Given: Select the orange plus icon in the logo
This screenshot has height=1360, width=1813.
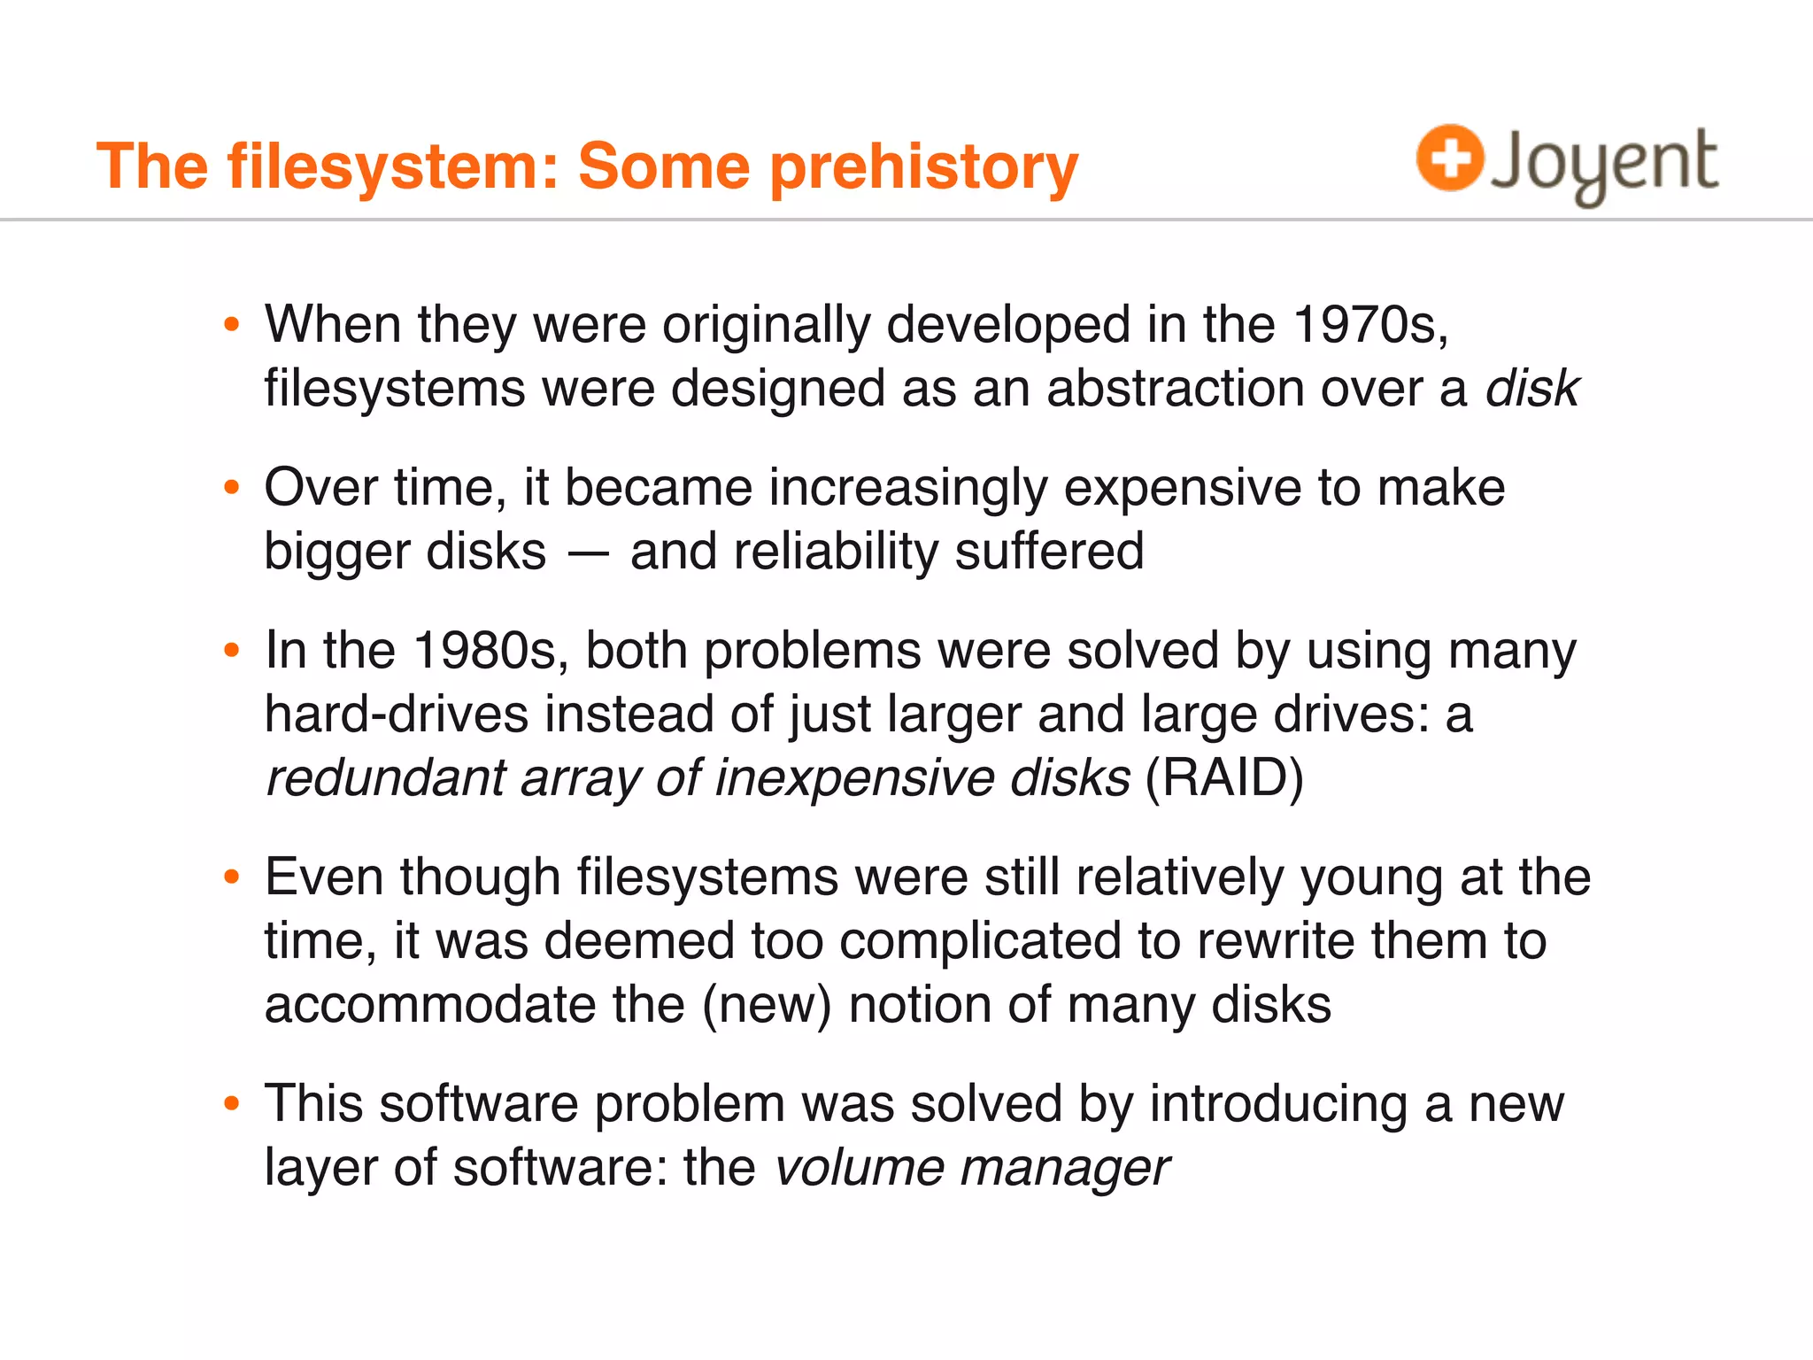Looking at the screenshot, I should [1449, 158].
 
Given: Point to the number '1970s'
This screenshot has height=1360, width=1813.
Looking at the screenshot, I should [1369, 325].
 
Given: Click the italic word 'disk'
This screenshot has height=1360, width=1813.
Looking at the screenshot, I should [1531, 389].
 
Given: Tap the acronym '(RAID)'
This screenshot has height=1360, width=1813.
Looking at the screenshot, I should [1224, 778].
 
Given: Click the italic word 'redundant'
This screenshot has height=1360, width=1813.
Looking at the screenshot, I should [385, 778].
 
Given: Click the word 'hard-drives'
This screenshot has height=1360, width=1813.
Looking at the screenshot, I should [396, 715].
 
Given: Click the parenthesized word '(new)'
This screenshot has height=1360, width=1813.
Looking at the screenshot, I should [768, 1005].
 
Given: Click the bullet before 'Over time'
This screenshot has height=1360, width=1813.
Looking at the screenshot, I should [232, 487].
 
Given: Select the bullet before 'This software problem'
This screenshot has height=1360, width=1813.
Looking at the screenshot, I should [232, 1103].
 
